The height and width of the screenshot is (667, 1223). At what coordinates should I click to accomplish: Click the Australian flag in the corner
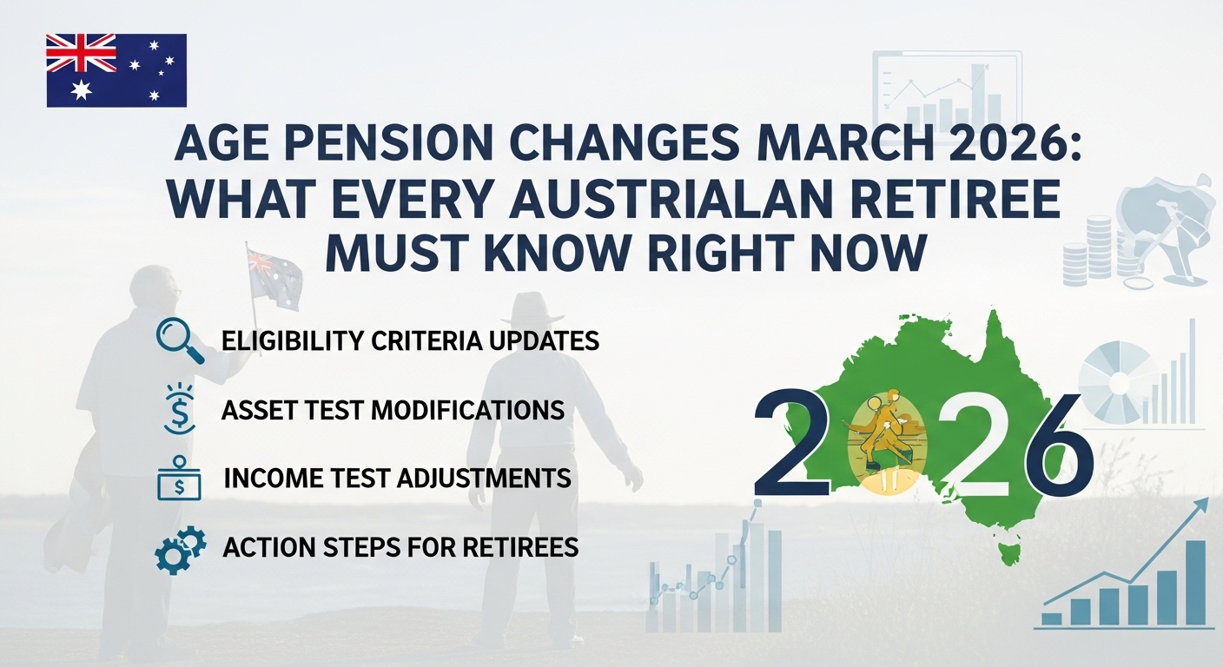pyautogui.click(x=116, y=69)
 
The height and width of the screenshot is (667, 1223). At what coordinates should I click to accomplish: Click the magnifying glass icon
pyautogui.click(x=181, y=340)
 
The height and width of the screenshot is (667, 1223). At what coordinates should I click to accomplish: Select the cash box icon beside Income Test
pyautogui.click(x=180, y=479)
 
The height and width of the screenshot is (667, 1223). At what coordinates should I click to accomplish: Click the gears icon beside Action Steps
pyautogui.click(x=180, y=549)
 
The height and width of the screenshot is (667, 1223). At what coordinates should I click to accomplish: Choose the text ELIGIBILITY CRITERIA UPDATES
pyautogui.click(x=410, y=340)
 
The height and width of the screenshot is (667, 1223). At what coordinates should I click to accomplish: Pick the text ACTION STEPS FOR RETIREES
pyautogui.click(x=400, y=548)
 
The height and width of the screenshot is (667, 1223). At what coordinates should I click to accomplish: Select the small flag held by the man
pyautogui.click(x=274, y=276)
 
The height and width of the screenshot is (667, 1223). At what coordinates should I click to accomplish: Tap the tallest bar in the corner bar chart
pyautogui.click(x=1196, y=582)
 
